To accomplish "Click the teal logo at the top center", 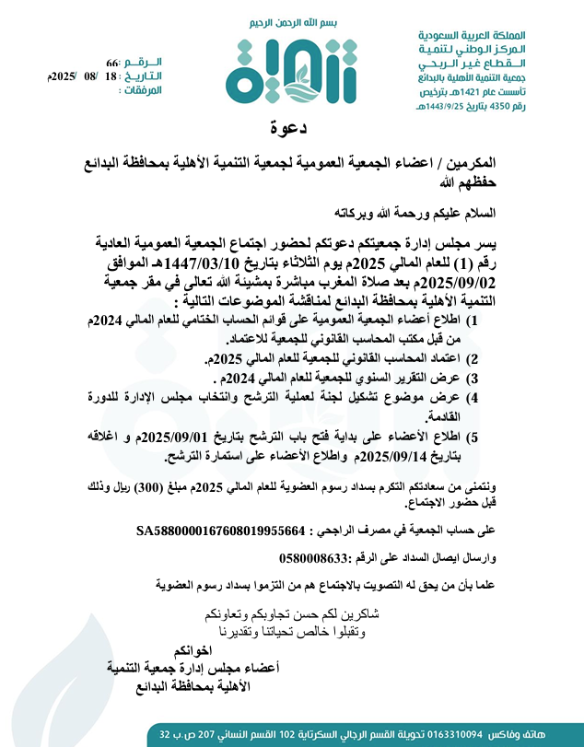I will (x=275, y=69).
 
